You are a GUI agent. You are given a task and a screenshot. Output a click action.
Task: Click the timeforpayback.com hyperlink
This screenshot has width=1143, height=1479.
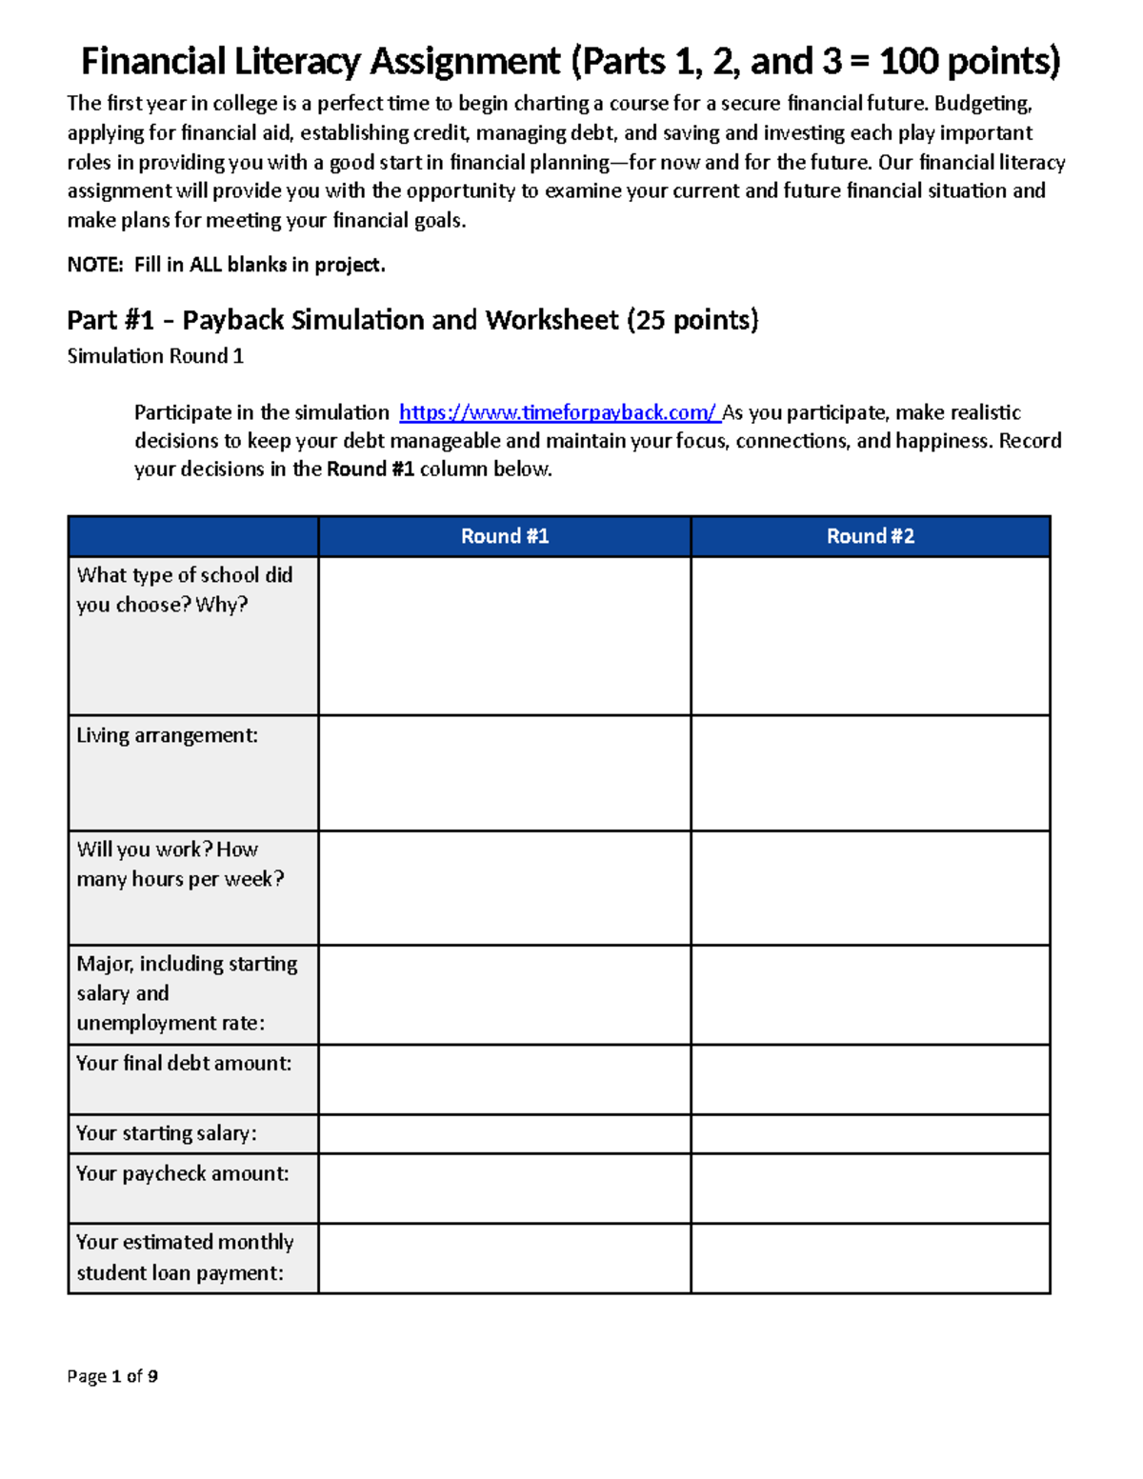coord(557,412)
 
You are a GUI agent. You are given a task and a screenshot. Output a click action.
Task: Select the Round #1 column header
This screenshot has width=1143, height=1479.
coord(504,536)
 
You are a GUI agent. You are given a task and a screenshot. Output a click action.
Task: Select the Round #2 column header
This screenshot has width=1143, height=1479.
coord(870,536)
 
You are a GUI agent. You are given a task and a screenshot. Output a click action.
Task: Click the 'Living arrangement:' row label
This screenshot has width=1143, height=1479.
coord(167,735)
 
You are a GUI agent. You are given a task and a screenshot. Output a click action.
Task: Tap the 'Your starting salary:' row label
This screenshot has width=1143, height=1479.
coord(166,1133)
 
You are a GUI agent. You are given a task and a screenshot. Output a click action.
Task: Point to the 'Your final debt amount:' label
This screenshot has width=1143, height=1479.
coord(184,1063)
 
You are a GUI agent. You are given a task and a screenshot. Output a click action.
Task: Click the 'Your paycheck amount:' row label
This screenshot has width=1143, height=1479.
coord(182,1173)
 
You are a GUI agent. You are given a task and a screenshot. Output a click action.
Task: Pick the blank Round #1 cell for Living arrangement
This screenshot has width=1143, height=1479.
coord(504,772)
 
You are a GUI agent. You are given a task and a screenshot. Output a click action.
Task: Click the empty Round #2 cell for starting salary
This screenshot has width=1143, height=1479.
coord(870,1133)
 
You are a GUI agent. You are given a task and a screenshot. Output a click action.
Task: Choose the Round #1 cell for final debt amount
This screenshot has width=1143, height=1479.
coord(504,1079)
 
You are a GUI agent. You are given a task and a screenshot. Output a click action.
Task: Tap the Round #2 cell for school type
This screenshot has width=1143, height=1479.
coord(870,635)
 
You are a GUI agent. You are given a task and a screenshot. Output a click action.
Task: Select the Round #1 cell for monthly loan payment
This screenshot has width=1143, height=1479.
coord(504,1258)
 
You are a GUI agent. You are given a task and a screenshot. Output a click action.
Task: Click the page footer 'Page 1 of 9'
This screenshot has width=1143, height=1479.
coord(112,1376)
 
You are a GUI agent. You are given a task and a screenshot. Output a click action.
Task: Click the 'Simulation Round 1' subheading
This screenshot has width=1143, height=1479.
coord(155,356)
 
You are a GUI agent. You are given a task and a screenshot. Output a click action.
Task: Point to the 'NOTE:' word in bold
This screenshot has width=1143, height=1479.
coord(95,265)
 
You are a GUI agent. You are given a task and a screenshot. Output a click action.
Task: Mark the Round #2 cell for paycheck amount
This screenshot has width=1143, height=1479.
coord(870,1189)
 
